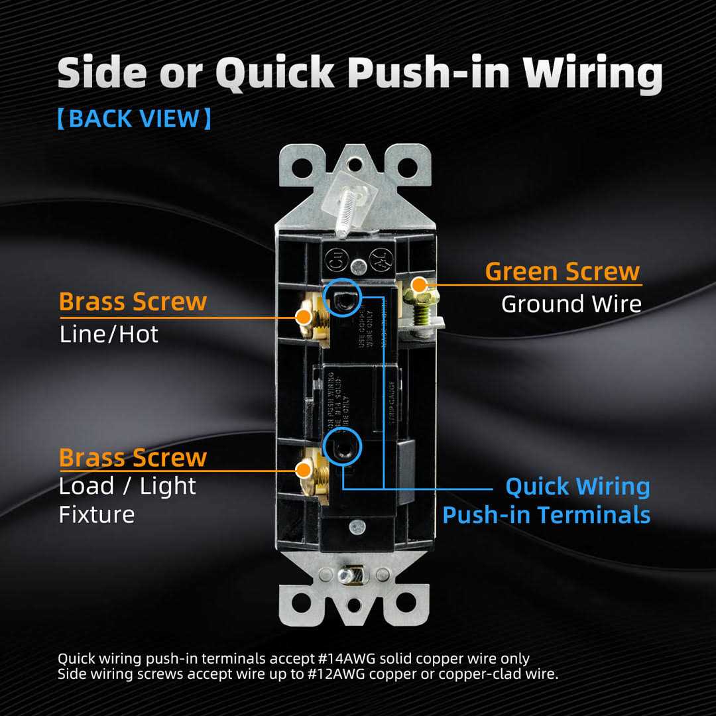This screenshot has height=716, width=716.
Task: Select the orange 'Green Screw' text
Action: point(562,271)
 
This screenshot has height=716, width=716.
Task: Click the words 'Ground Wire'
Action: point(571,304)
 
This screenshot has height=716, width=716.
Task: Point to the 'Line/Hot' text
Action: point(109,334)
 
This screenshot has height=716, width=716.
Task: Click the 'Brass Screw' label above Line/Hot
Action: point(133,302)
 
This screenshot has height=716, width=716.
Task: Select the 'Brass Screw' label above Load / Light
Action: point(133,458)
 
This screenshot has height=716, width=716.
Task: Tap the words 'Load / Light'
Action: point(127,487)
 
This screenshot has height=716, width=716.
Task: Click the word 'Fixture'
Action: point(97,515)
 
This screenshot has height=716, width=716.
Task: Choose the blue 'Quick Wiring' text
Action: point(577,487)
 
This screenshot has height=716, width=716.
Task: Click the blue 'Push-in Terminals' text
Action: point(546,515)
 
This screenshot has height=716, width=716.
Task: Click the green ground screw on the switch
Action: point(420,286)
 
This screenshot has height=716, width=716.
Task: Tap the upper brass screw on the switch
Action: point(306,317)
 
